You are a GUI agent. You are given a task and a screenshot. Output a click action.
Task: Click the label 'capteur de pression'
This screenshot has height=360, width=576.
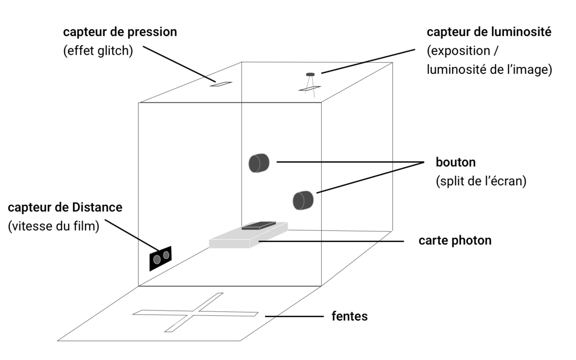pos(120,33)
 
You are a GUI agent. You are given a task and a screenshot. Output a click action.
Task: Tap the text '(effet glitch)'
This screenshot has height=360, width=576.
pos(98,51)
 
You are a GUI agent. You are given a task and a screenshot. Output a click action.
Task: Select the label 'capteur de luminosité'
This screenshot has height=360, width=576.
pos(489,33)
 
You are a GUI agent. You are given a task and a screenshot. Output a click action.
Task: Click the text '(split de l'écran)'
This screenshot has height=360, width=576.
pos(481,182)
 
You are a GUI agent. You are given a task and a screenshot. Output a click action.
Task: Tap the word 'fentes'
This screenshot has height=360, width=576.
pos(349,316)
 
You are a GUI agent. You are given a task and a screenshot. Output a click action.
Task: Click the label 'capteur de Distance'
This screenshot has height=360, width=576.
pos(65,208)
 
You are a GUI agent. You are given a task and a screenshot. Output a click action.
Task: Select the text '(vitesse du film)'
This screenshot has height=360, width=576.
pos(54,226)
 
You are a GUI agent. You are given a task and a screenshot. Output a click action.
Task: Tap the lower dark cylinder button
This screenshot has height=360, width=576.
pos(303,200)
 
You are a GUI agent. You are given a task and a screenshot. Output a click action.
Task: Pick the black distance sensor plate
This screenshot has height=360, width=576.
pos(160,258)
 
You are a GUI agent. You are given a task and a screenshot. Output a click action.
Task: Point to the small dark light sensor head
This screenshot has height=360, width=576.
pos(310,74)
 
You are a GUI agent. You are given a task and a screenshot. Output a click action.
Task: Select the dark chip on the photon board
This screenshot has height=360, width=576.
pos(259,225)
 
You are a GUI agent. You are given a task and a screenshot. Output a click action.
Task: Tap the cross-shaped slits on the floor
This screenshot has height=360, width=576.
pos(195,313)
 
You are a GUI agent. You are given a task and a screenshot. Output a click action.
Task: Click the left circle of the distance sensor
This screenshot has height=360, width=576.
pos(156,260)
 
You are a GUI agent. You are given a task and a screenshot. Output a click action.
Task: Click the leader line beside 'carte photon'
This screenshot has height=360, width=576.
pos(331,241)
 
